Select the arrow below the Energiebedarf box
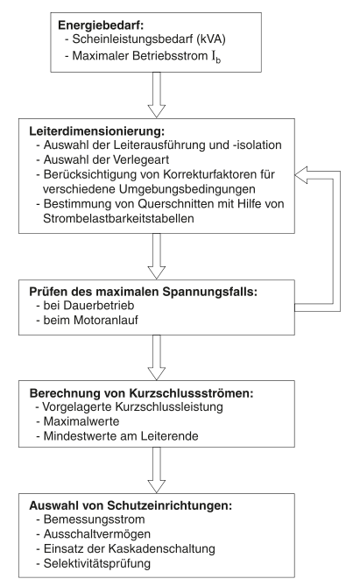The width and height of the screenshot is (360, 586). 176,92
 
